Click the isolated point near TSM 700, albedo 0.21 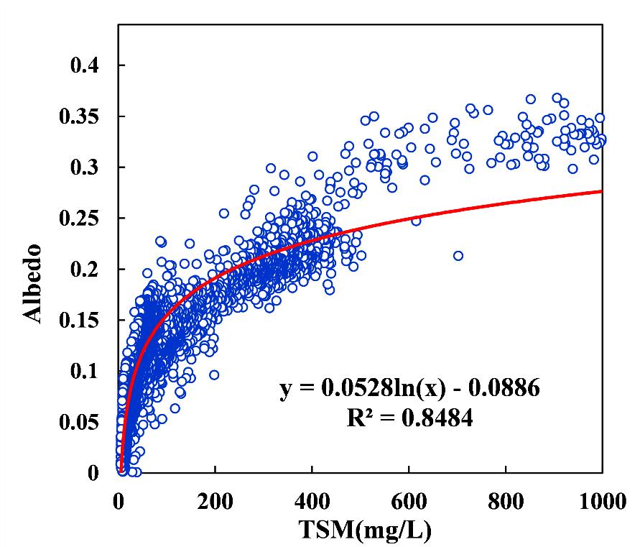click(x=458, y=255)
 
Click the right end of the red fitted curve click(x=601, y=191)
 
